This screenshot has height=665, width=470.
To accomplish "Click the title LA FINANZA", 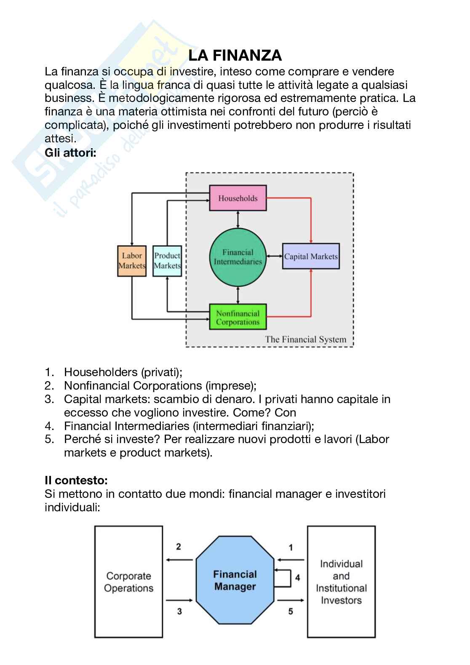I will coord(235,55).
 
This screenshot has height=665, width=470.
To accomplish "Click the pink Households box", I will coord(238,198).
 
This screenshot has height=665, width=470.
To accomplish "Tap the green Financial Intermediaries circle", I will coord(238,257).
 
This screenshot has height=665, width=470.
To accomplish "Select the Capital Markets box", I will coord(311,256).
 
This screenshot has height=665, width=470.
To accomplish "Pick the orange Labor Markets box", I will coord(132,261).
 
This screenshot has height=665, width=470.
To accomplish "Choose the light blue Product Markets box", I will coord(167,261).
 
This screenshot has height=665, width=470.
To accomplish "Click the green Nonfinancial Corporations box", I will coord(238,317).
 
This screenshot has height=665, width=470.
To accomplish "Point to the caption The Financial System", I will coord(305,339).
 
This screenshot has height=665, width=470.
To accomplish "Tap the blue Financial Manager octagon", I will coord(235,580).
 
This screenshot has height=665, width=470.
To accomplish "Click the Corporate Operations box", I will coord(128,582).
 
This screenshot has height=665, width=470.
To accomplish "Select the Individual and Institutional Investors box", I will coord(341,582).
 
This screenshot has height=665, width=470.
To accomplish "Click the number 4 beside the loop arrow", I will coord(297,577).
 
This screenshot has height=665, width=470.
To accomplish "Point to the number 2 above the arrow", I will coord(179,547).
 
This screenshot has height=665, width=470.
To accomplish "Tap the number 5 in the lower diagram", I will coord(291,611).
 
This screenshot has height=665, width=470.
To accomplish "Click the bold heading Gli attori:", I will coord(71,152).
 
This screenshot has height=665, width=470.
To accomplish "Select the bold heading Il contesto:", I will coord(76,480).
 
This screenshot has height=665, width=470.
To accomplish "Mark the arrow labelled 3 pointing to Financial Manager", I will coord(180,600).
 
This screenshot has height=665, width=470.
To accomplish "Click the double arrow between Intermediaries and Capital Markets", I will coord(274,256).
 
